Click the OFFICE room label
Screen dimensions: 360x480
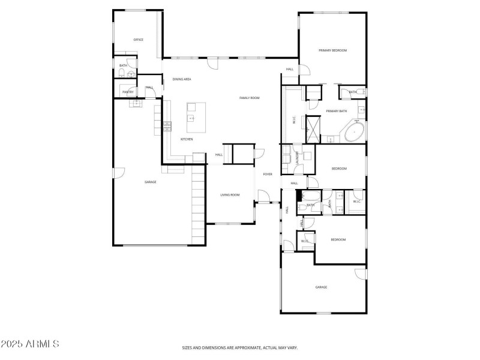coord(138,40)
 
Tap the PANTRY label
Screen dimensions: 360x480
coord(128,92)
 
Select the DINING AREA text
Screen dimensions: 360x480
coord(182,79)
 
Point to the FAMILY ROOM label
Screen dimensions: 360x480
coord(249,98)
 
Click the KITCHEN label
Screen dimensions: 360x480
coord(187,139)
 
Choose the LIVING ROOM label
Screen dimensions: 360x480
coord(230,195)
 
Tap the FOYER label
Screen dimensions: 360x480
coord(268,174)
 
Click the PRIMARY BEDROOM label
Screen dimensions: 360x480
coord(332,50)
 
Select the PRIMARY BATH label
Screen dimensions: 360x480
coord(336,111)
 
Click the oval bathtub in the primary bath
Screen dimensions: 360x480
coord(354,131)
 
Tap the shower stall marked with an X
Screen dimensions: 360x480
coord(313,126)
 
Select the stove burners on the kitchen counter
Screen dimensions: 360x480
coord(167,125)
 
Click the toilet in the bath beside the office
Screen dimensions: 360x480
coord(122,74)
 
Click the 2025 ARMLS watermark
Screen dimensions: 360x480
coord(30,344)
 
